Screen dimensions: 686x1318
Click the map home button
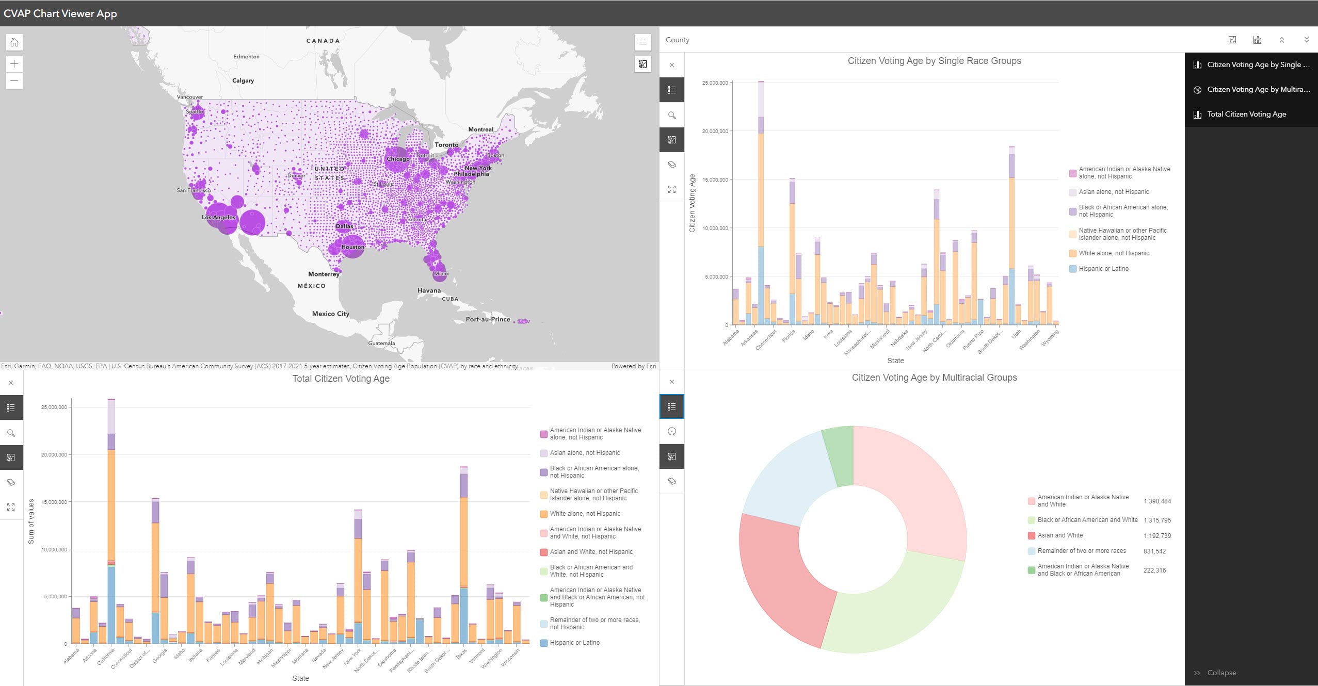(x=14, y=42)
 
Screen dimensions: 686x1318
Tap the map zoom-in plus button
(x=14, y=64)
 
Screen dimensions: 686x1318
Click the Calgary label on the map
(x=243, y=80)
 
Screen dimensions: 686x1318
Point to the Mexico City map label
(x=330, y=314)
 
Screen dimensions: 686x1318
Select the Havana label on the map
(x=429, y=290)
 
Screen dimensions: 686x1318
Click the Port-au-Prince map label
(x=488, y=319)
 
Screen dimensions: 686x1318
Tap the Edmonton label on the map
(x=246, y=57)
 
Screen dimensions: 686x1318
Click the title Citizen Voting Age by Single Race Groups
(x=934, y=61)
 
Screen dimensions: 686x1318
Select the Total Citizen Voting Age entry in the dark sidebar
(x=1246, y=114)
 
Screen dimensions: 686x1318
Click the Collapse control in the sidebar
(x=1221, y=673)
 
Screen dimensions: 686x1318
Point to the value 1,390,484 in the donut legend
(x=1157, y=501)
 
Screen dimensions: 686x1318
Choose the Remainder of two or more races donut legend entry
(x=1081, y=551)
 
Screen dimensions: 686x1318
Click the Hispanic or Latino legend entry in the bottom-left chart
(x=574, y=643)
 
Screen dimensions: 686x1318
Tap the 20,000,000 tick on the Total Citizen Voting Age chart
(x=54, y=454)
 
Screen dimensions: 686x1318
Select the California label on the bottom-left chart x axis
(x=106, y=657)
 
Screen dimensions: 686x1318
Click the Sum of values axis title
(x=31, y=521)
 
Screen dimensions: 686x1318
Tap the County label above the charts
(x=677, y=40)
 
